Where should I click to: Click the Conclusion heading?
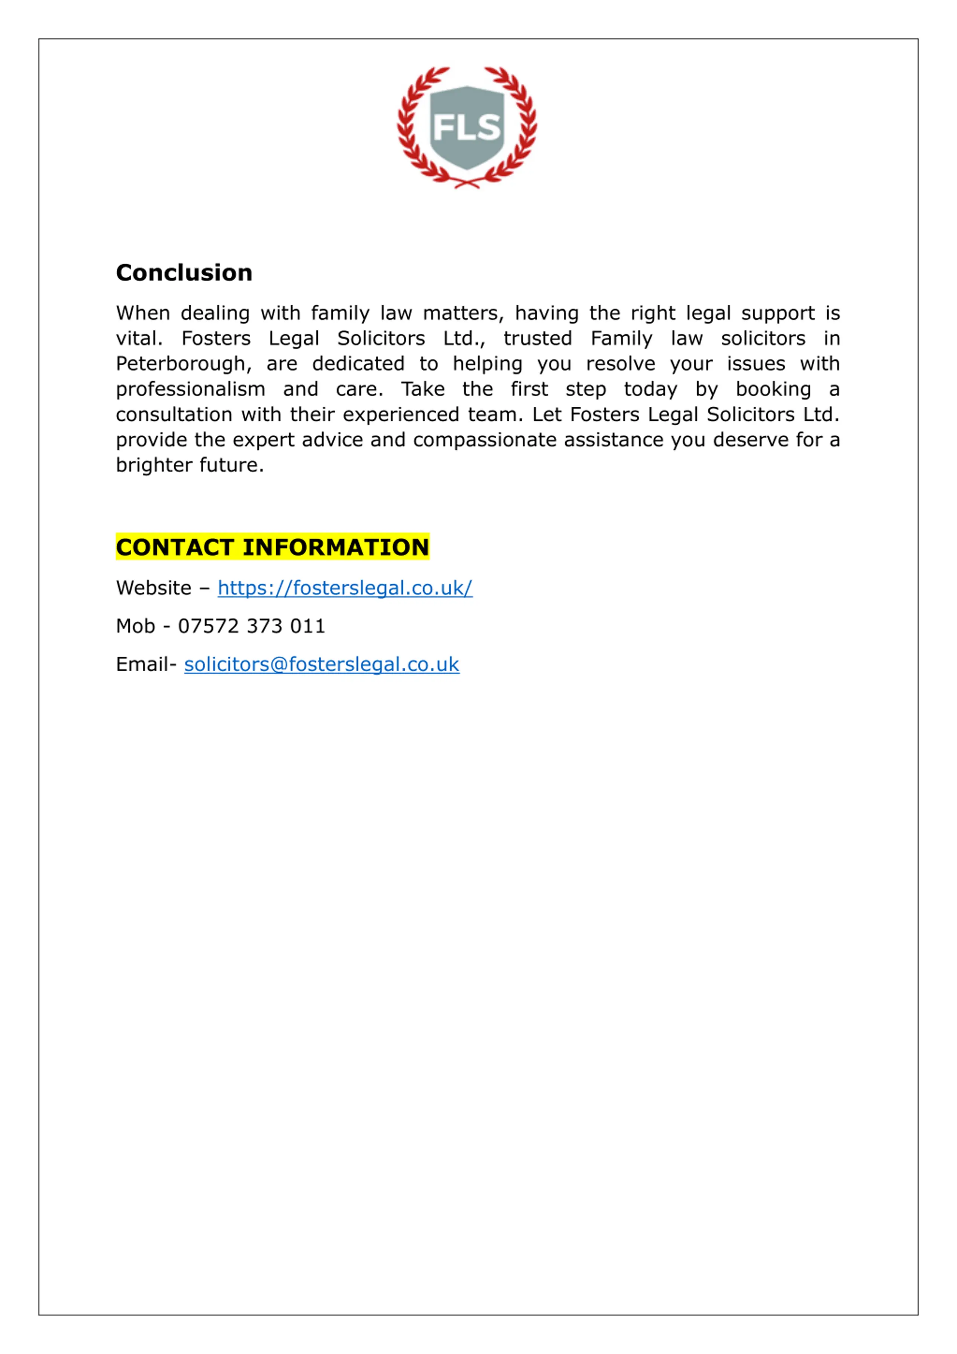coord(184,273)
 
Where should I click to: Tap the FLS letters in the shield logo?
coord(467,128)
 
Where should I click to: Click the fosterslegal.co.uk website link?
coord(345,588)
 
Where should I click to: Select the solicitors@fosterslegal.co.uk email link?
coord(321,664)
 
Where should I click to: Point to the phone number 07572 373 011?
coord(252,626)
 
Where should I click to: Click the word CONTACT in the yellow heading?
coord(175,547)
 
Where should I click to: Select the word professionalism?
coord(190,389)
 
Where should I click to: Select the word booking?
coord(773,389)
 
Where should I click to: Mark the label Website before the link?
coord(153,588)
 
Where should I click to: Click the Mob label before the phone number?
coord(135,626)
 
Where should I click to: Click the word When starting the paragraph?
coord(143,313)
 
